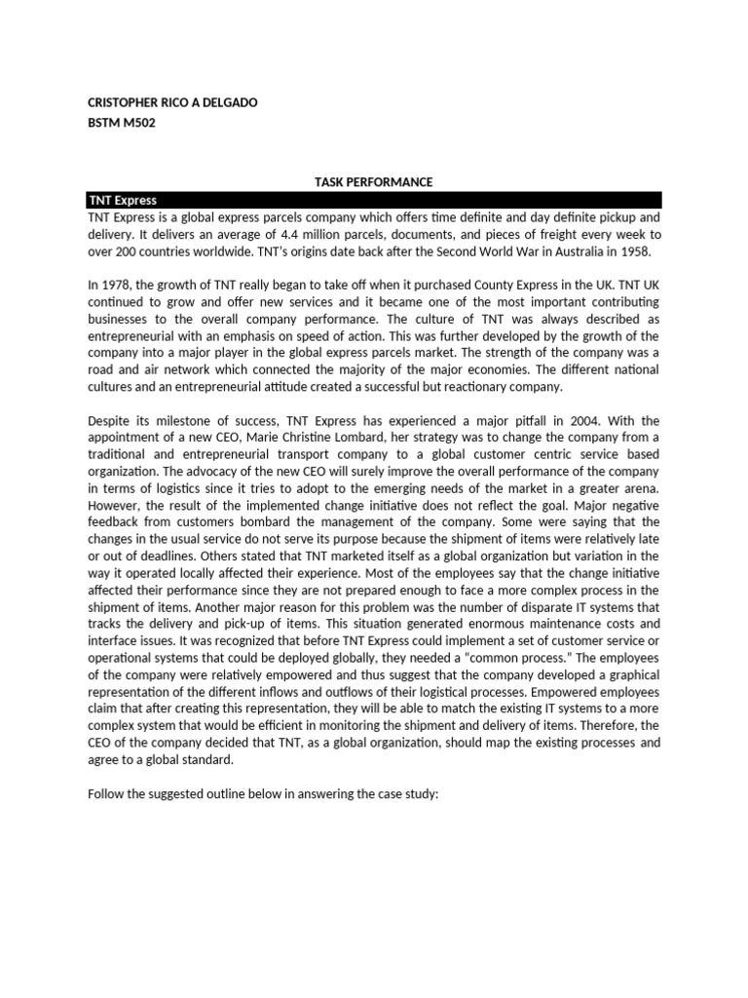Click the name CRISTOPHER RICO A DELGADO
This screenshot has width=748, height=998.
click(172, 102)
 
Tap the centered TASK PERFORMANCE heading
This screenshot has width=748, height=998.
click(373, 182)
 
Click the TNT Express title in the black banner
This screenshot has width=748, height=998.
click(122, 200)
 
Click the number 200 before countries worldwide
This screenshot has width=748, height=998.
click(128, 250)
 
